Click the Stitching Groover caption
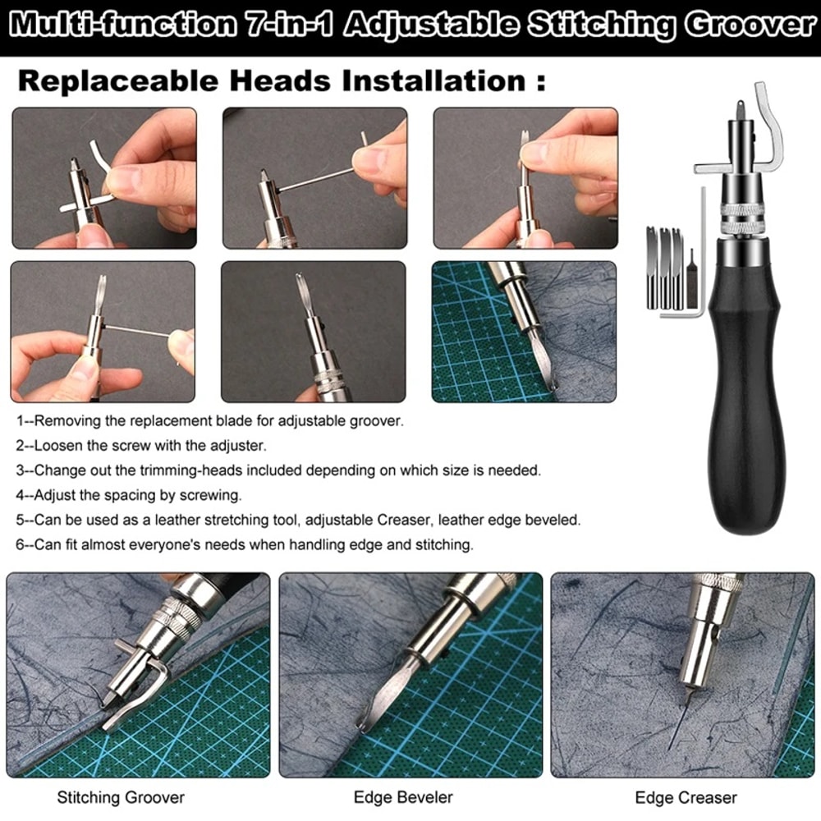[x=121, y=796]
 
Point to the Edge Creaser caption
[x=686, y=797]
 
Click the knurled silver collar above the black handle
[x=742, y=215]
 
